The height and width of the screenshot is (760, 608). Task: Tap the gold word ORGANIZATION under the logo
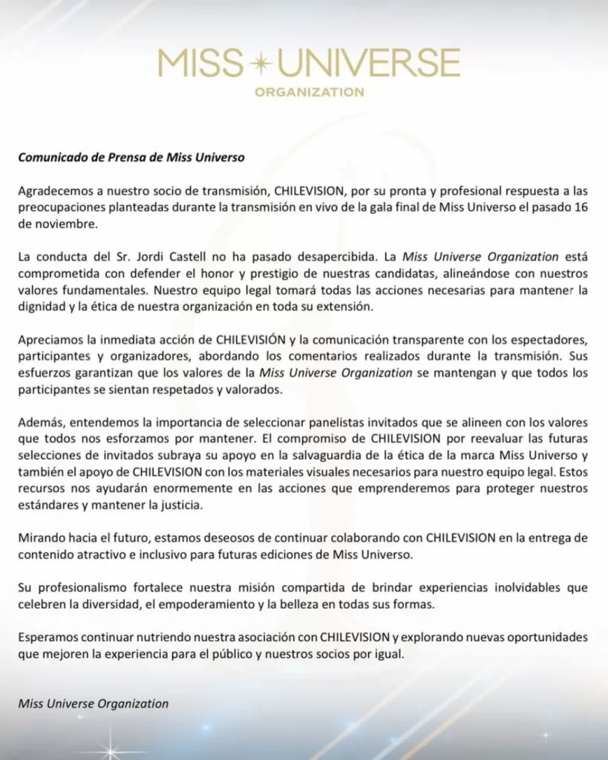309,93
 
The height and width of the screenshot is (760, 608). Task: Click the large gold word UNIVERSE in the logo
368,65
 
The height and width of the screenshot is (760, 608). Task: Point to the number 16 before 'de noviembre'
581,206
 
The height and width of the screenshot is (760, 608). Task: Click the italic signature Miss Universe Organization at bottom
94,703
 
